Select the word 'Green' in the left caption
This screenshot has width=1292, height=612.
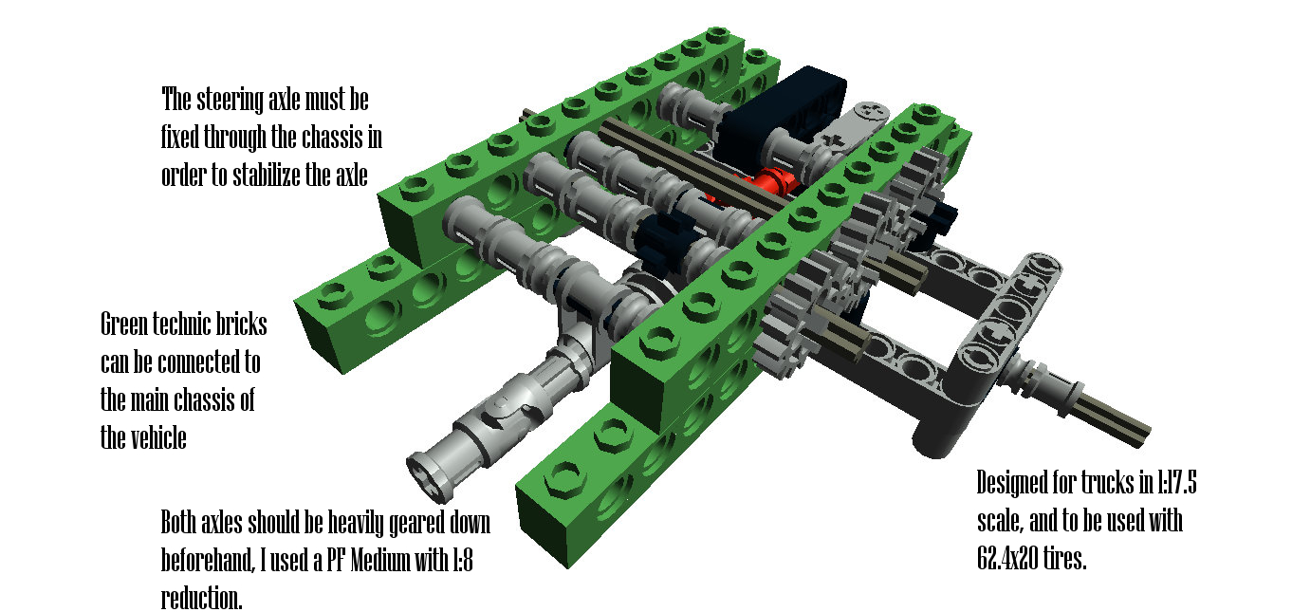click(x=124, y=325)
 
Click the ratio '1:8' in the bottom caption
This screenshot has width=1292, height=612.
click(x=460, y=560)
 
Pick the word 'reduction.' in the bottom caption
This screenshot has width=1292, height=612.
click(x=201, y=598)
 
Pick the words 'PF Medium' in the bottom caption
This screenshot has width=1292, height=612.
click(x=368, y=560)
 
